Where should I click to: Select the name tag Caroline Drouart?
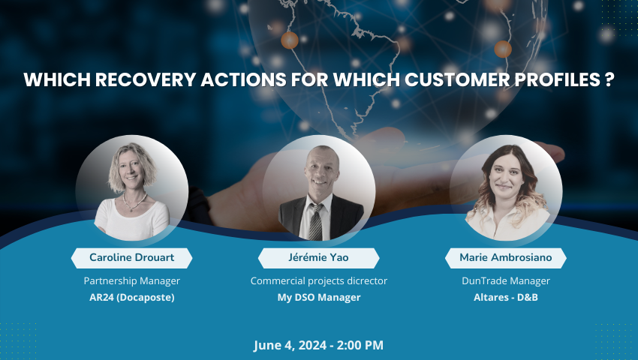point(132,258)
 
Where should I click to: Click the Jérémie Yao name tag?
point(318,258)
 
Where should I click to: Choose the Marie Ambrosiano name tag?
point(506,258)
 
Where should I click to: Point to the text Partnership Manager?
point(132,281)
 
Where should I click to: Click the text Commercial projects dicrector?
point(318,281)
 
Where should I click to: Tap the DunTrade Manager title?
point(506,281)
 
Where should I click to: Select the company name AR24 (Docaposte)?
point(132,297)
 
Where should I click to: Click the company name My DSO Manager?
point(319,297)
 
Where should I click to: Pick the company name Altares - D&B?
point(506,297)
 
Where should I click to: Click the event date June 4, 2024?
point(290,345)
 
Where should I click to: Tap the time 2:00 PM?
point(360,345)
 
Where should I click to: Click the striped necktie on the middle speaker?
point(315,222)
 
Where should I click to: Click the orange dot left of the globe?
point(290,40)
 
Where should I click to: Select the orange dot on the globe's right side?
point(503,49)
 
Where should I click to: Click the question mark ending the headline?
point(609,79)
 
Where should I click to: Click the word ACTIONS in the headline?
point(244,79)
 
